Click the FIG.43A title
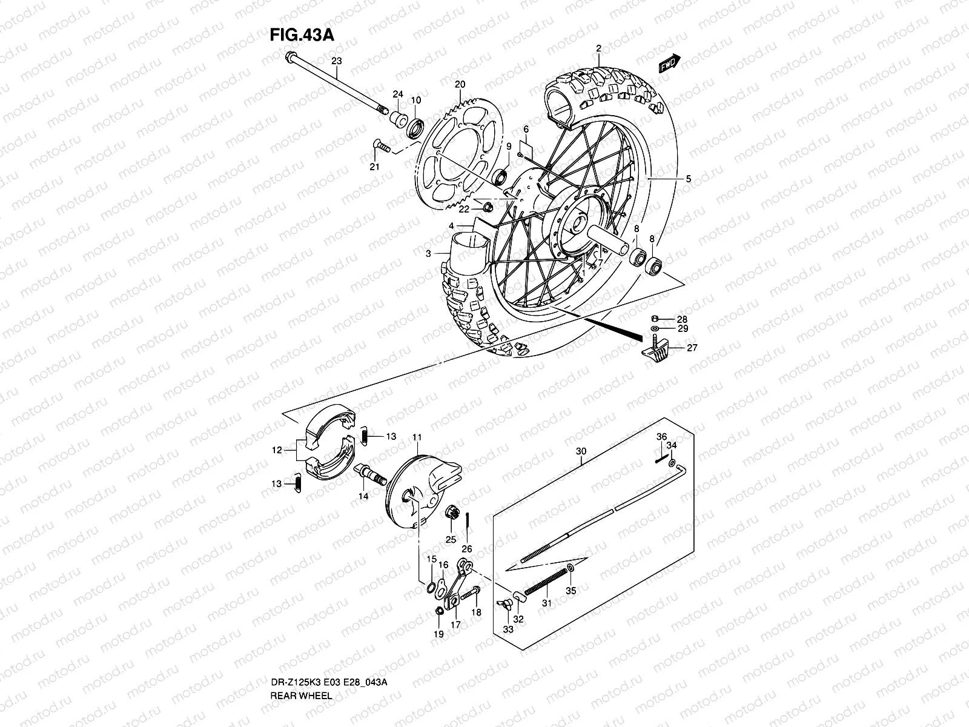302,34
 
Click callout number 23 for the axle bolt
336,61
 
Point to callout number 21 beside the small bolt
374,167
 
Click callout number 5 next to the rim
688,179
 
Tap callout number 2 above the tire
598,48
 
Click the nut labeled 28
655,319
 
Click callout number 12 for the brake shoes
277,450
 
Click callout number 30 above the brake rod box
581,451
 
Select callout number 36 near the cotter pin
661,437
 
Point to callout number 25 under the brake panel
451,539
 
